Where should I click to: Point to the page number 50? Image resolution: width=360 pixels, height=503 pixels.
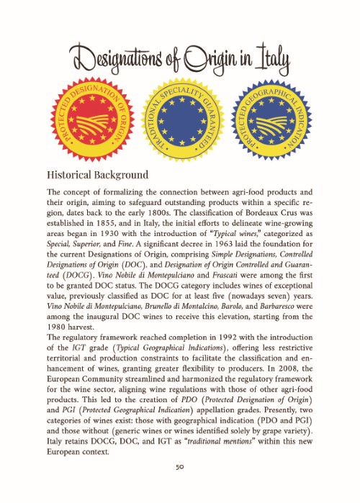coord(181,467)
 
